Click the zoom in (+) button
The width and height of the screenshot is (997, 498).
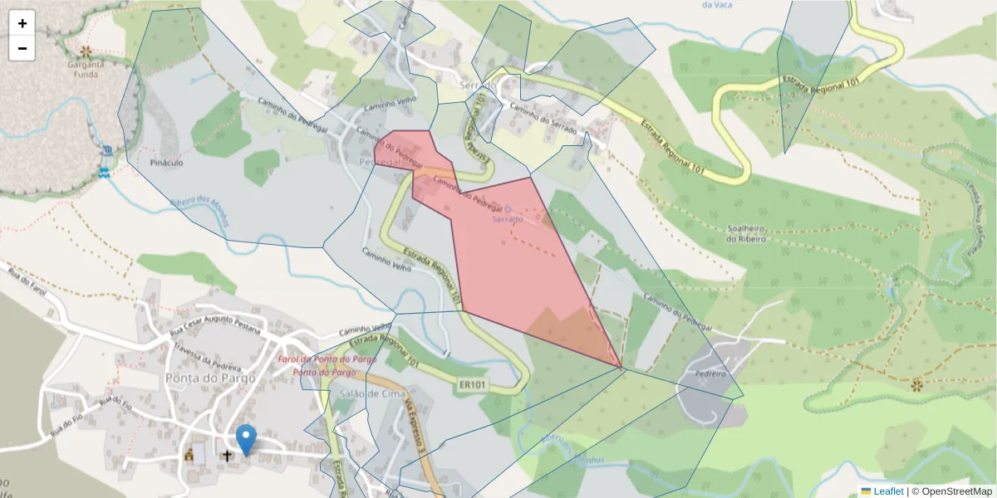(22, 23)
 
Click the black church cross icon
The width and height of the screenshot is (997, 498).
(227, 456)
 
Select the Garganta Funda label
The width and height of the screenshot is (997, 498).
(86, 69)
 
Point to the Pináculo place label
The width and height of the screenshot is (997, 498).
(166, 163)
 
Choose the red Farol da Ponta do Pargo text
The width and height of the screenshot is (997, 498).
(327, 359)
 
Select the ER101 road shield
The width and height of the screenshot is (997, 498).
(472, 384)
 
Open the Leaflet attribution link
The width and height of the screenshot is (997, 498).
(887, 491)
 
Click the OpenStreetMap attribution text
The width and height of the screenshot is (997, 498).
(951, 491)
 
